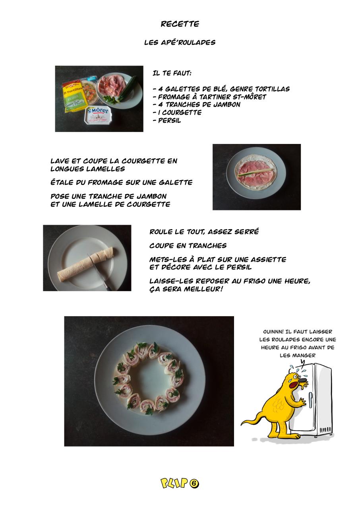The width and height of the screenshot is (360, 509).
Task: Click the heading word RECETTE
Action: click(x=180, y=24)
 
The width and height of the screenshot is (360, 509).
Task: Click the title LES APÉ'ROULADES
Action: click(x=180, y=43)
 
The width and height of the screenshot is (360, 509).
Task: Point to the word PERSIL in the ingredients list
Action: click(x=170, y=120)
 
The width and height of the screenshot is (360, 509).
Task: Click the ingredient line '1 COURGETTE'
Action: click(x=177, y=113)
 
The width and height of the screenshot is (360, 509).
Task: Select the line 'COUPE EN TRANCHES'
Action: click(x=188, y=246)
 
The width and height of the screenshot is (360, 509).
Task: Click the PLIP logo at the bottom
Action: click(x=174, y=483)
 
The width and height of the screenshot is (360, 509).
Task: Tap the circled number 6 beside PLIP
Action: click(x=194, y=484)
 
